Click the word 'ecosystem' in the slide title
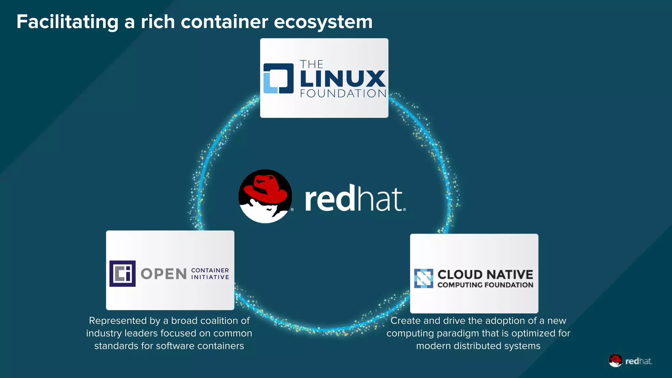[x=323, y=22]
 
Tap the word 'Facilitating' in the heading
[x=67, y=22]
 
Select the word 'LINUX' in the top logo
[x=343, y=79]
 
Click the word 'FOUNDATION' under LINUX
[x=343, y=94]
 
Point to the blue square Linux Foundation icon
[x=279, y=78]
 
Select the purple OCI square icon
[x=122, y=274]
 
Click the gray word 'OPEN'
[x=164, y=274]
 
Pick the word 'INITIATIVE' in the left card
[x=210, y=277]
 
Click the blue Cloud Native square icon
[x=423, y=279]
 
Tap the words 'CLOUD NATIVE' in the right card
[x=485, y=274]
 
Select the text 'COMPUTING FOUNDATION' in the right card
[x=485, y=285]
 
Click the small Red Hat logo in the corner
[x=630, y=361]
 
